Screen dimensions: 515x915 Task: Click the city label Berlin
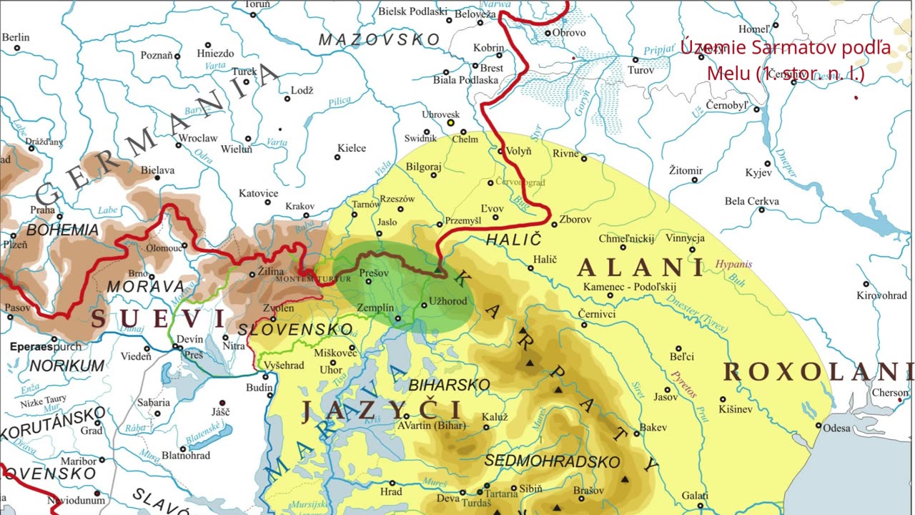click(16, 37)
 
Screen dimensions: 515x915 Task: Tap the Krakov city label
click(300, 206)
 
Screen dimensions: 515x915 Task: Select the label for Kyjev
click(758, 173)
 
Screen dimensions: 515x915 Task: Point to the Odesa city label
click(837, 428)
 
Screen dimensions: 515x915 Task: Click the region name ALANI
click(640, 268)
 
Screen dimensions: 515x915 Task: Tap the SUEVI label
click(157, 319)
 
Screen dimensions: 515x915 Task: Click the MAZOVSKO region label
click(378, 39)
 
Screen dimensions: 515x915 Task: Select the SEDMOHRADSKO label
click(552, 461)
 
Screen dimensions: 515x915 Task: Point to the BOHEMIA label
click(63, 230)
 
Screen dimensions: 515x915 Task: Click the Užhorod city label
click(448, 301)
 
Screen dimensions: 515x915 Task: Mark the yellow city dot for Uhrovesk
click(450, 122)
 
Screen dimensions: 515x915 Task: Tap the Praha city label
click(42, 210)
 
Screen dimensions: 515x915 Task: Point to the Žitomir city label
click(686, 170)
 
